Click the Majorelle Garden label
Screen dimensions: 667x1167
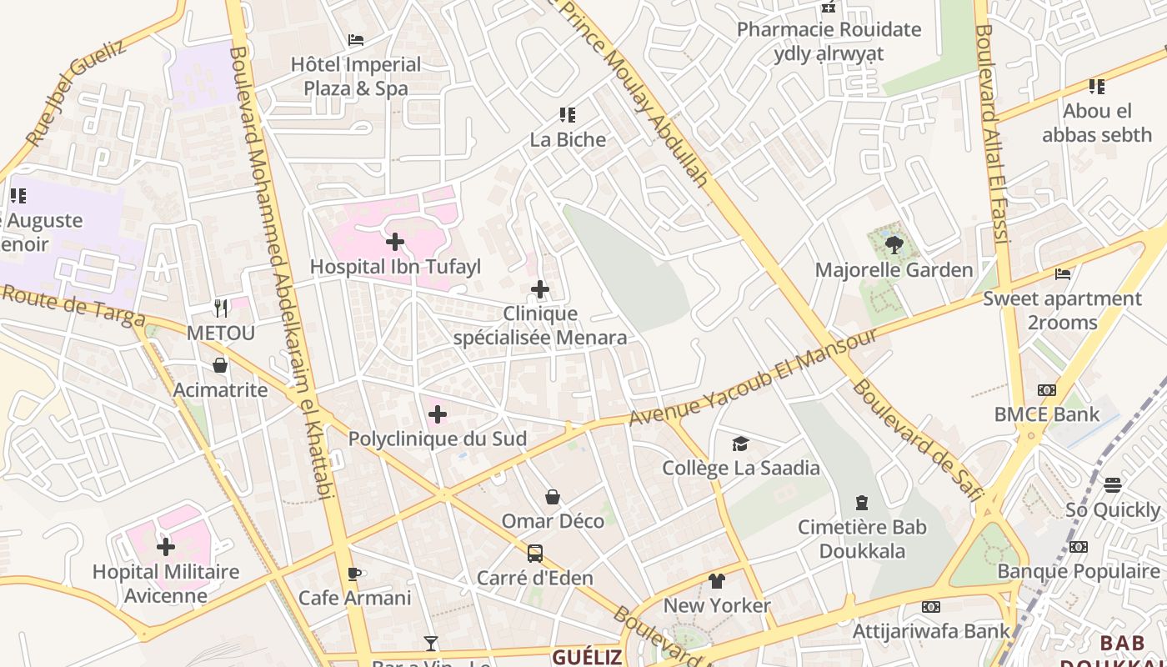[894, 270]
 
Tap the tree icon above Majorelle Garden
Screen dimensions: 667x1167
[894, 244]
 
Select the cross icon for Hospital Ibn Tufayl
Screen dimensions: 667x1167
[395, 242]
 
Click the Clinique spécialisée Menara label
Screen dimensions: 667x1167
[540, 326]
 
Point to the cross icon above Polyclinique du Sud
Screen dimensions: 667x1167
[438, 414]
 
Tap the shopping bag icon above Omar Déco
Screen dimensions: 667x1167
[553, 498]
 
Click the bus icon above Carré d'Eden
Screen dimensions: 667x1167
[535, 554]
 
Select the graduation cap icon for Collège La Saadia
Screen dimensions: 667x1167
[740, 444]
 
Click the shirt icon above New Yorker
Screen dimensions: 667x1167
[717, 581]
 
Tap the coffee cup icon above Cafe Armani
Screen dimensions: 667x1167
[354, 574]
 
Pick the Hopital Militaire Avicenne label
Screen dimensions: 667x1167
[166, 584]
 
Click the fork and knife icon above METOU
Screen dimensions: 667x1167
[221, 308]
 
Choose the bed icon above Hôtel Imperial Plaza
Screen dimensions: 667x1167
[356, 40]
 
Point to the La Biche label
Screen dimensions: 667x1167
[568, 139]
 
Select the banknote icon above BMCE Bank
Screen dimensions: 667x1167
[1046, 390]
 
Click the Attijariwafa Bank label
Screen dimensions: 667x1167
[931, 631]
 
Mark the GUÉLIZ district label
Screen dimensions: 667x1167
[587, 657]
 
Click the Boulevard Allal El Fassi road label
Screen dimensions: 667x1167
[992, 133]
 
